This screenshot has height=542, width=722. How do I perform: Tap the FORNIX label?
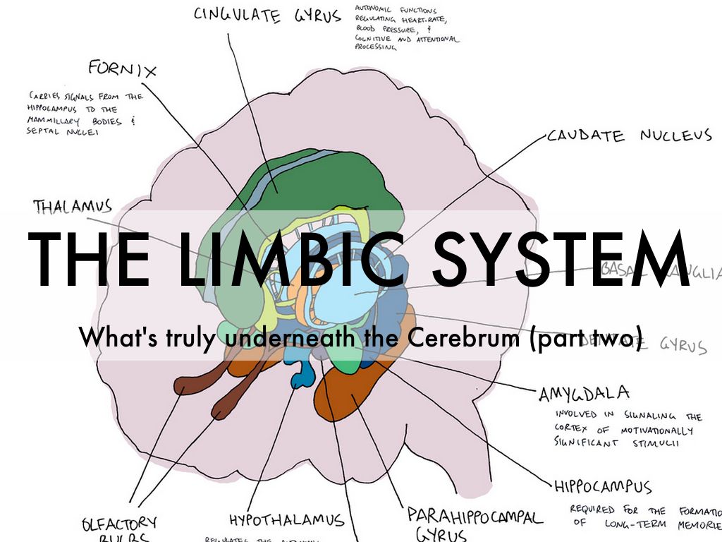[x=122, y=68]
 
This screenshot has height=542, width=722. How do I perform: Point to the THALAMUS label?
[x=73, y=206]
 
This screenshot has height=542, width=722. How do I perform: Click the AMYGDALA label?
[x=584, y=394]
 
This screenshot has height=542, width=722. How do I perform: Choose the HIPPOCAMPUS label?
[x=602, y=487]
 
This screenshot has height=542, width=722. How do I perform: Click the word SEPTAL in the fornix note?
[x=47, y=131]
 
